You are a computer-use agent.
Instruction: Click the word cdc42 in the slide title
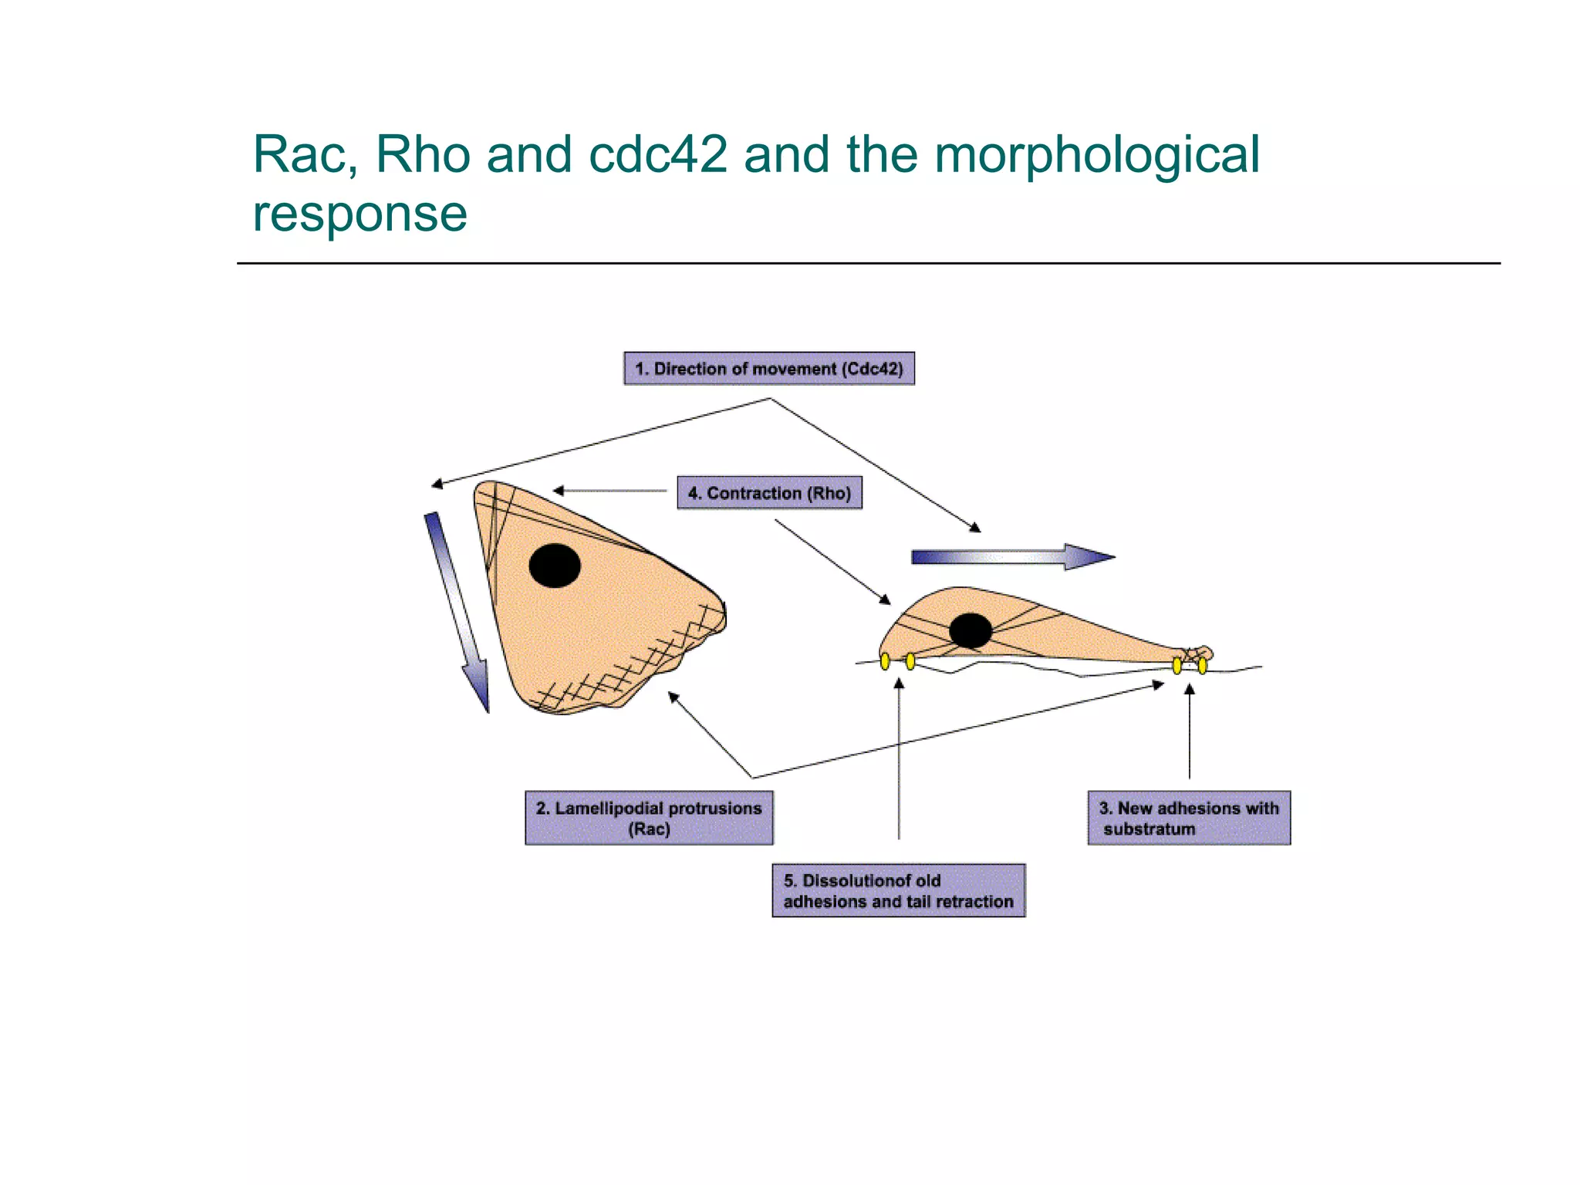pos(657,154)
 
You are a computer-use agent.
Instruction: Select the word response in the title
pos(360,214)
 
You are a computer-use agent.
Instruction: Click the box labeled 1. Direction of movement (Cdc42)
pos(768,369)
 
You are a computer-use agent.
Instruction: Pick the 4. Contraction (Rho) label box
pos(769,493)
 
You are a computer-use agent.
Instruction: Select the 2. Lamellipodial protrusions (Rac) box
pos(649,818)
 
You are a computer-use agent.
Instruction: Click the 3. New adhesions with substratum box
pos(1188,818)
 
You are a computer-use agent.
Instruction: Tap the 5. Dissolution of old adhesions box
pos(898,890)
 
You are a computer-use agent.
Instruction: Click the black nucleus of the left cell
pos(555,565)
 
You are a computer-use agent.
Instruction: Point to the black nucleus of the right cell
pos(970,630)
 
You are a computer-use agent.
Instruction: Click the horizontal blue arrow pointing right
pos(1011,556)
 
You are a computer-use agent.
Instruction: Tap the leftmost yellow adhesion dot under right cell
pos(885,661)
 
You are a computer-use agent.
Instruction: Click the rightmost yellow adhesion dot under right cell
pos(1202,665)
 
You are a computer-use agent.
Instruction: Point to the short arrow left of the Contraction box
pos(609,491)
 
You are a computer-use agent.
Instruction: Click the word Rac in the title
pos(299,154)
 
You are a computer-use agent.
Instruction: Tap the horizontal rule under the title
pos(868,263)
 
